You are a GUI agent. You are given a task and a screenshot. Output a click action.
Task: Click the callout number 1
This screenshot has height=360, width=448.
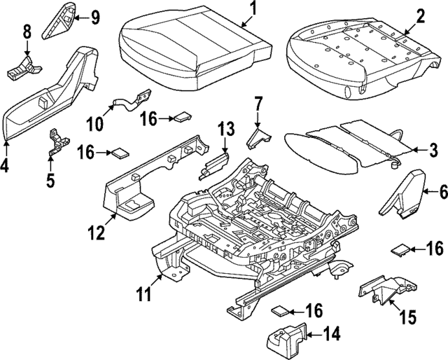pos(253,9)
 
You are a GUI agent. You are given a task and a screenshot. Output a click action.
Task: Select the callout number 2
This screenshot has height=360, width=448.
pos(421,15)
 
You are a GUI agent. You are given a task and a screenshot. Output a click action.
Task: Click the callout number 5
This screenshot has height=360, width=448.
pos(50,179)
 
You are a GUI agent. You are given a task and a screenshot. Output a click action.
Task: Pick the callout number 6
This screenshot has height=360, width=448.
pos(442,189)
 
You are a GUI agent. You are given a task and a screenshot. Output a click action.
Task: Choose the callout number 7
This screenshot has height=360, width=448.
pos(258,105)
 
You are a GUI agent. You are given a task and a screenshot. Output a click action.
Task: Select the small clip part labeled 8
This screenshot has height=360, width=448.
pos(24,67)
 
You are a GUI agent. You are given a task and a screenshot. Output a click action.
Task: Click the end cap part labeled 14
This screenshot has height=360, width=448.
pos(283,338)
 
